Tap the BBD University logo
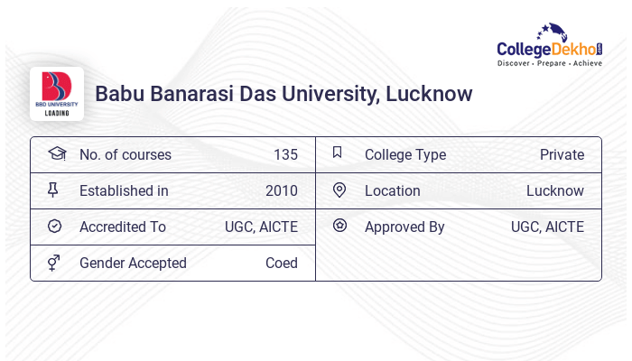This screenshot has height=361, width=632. pyautogui.click(x=57, y=93)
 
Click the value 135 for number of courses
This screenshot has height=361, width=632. pyautogui.click(x=285, y=154)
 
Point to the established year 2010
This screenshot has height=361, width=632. pyautogui.click(x=282, y=190)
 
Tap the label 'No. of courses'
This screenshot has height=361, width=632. pyautogui.click(x=125, y=154)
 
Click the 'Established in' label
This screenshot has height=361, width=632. pyautogui.click(x=124, y=190)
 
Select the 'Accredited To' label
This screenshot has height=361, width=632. pyautogui.click(x=123, y=227)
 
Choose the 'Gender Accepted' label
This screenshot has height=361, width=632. pyautogui.click(x=133, y=263)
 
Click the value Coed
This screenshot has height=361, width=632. pyautogui.click(x=282, y=263)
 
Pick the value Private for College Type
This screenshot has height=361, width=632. pyautogui.click(x=562, y=154)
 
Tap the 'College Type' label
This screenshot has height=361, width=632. pyautogui.click(x=405, y=154)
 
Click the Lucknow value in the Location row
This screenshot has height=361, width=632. pyautogui.click(x=555, y=190)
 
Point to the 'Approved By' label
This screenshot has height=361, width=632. pyautogui.click(x=404, y=227)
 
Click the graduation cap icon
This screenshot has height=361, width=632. pyautogui.click(x=57, y=153)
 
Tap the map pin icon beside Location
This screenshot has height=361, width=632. pyautogui.click(x=339, y=190)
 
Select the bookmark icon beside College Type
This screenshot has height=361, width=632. pyautogui.click(x=338, y=153)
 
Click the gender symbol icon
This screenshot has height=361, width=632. pyautogui.click(x=54, y=263)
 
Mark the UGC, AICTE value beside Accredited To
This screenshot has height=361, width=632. pyautogui.click(x=261, y=227)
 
